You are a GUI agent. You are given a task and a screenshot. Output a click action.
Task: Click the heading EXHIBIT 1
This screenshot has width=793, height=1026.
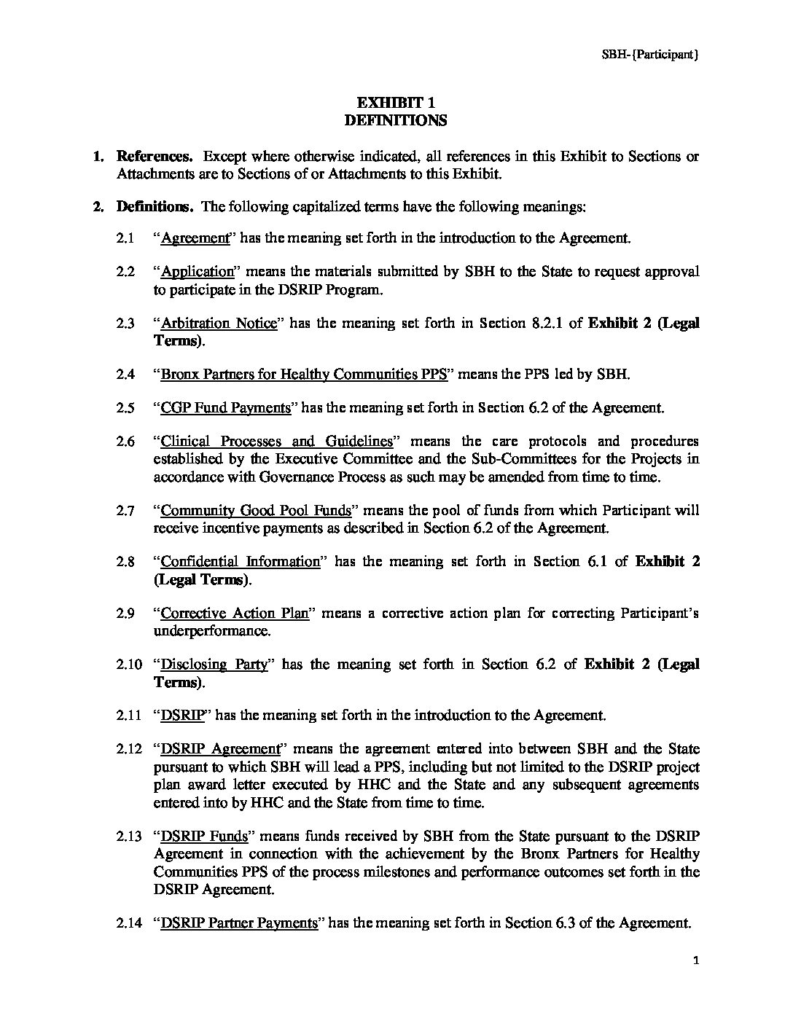click(395, 103)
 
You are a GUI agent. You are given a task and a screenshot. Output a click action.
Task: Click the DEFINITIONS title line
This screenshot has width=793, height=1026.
click(395, 120)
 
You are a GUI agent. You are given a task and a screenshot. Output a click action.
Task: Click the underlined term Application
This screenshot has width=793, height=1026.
click(197, 272)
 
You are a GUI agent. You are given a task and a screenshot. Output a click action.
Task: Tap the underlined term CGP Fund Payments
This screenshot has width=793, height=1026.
click(225, 407)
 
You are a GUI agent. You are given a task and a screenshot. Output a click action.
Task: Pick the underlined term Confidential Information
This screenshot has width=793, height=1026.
click(240, 561)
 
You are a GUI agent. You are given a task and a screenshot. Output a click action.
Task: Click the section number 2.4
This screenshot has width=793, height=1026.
click(125, 375)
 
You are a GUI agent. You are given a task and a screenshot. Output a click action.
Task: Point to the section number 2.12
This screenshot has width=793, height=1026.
click(128, 748)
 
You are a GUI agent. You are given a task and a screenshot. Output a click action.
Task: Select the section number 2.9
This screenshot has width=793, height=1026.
click(125, 613)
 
